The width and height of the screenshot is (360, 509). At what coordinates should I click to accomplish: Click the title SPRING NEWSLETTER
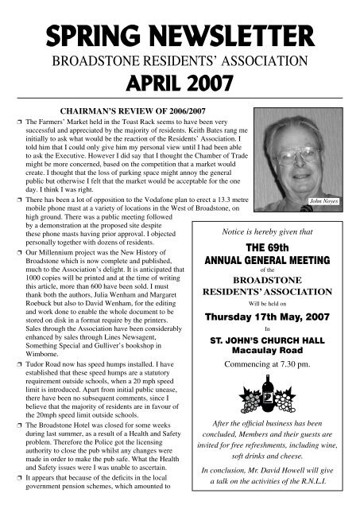pyautogui.click(x=180, y=36)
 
